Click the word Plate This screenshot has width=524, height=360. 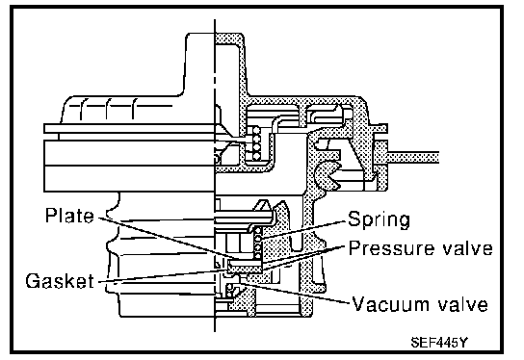point(69,216)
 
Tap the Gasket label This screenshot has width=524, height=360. point(60,280)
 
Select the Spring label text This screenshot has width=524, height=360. point(379,220)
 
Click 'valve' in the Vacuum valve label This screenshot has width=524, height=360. point(463,304)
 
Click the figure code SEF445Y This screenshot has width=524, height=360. point(439,343)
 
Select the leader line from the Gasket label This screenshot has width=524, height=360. point(163,276)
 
